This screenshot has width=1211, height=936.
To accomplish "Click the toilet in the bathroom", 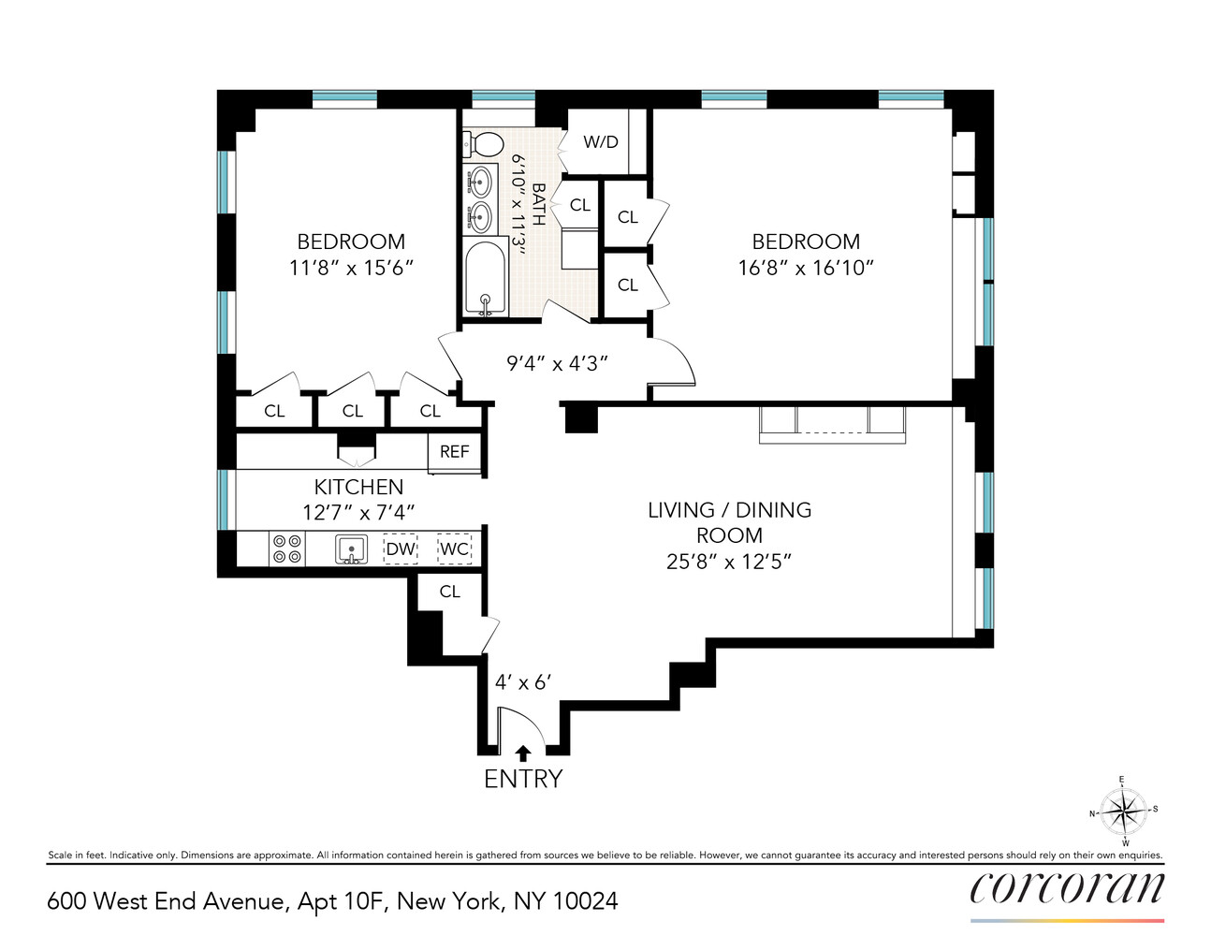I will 483,144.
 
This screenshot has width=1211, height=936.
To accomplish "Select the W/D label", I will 601,142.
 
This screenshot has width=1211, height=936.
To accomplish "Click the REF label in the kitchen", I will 455,452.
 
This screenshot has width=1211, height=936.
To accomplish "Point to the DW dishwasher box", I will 401,549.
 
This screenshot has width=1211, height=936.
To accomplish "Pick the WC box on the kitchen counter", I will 455,549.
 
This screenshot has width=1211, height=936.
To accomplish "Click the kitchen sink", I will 351,549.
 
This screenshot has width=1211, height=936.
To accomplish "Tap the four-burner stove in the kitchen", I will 287,549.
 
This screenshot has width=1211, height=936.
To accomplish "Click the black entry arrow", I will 523,753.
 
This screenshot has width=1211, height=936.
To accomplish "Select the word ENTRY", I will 523,779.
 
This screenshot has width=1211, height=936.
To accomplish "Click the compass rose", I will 1123,811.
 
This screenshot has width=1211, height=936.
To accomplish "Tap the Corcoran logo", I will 1067,887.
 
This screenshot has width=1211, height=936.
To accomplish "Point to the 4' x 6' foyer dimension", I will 523,682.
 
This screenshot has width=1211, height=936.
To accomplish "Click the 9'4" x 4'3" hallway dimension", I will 558,363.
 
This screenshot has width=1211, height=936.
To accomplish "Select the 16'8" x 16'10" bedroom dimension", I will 806,268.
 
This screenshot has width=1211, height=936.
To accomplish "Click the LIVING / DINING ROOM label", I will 729,522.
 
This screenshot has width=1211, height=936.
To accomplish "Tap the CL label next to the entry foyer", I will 450,592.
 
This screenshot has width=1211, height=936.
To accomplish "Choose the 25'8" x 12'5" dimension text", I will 729,562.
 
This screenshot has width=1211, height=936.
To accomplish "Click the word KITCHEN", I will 358,487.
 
